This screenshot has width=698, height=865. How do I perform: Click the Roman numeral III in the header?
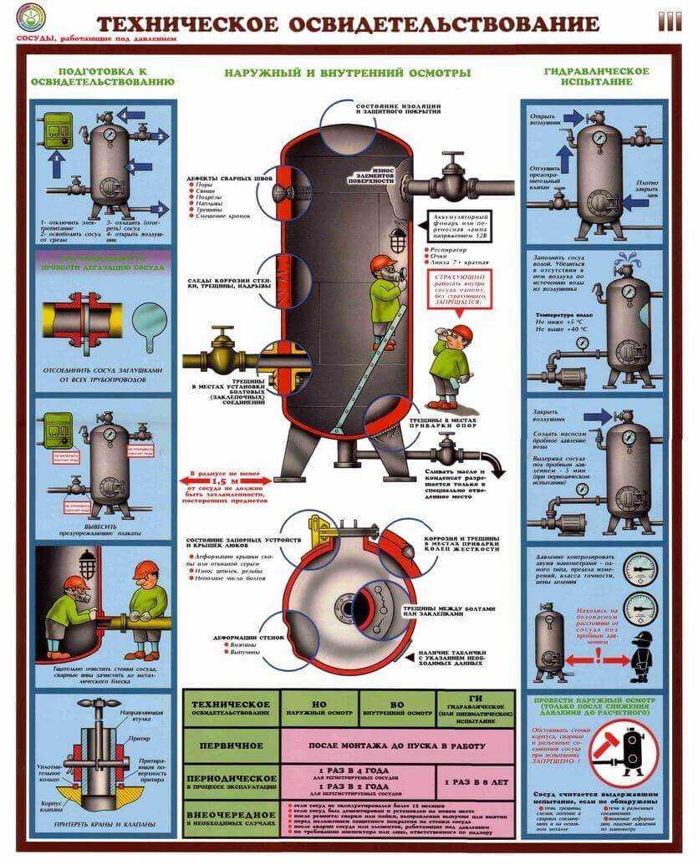point(669,23)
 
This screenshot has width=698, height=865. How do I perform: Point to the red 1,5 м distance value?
point(221,482)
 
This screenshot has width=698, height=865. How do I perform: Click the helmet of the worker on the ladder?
point(383,263)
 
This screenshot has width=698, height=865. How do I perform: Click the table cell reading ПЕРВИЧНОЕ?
point(230,745)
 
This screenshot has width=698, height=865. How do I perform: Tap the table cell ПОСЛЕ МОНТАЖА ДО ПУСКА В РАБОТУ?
point(396,744)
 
